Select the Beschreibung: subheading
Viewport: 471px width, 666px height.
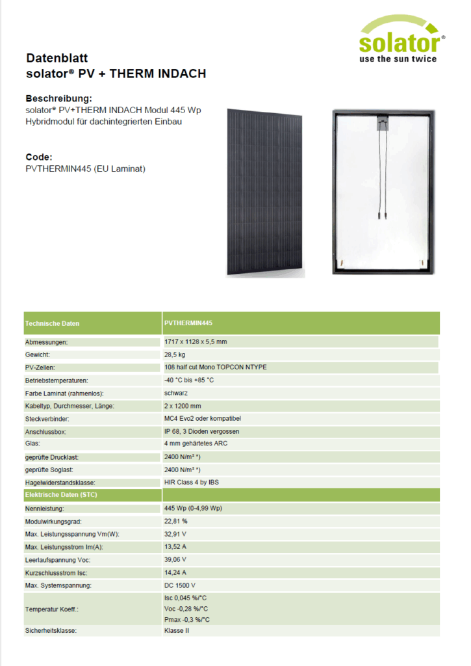tap(55, 98)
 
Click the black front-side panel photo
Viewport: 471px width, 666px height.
tap(264, 192)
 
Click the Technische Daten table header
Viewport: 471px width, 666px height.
tap(53, 323)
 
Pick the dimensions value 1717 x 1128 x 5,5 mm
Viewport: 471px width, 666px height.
tap(196, 341)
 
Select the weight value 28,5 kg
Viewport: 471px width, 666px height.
tap(175, 354)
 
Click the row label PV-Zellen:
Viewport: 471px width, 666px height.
tap(42, 367)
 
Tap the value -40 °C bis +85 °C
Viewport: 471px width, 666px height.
tap(189, 380)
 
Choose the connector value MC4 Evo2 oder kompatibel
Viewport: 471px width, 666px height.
tap(205, 418)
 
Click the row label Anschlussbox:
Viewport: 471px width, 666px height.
tap(45, 431)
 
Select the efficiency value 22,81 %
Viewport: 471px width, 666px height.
tap(176, 522)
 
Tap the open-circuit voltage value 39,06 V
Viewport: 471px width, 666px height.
tap(175, 559)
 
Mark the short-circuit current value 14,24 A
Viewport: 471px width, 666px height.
tap(175, 572)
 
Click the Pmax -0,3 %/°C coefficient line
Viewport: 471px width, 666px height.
tap(186, 620)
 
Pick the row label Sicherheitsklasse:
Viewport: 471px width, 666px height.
tap(51, 631)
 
